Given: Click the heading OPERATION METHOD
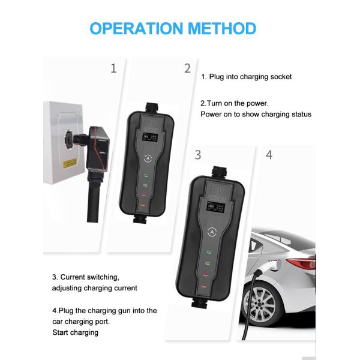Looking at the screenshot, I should (x=173, y=28).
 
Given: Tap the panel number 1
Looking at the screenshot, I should (x=113, y=68).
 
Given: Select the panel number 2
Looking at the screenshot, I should (x=187, y=68).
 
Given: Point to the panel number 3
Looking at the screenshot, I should (x=198, y=155).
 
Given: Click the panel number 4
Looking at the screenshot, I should (x=269, y=155).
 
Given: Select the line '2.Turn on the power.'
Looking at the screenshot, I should (x=235, y=103).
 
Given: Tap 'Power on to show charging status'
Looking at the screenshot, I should (x=256, y=114).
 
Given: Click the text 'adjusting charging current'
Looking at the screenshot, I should (x=95, y=288).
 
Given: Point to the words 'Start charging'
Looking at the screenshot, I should (x=76, y=332).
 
